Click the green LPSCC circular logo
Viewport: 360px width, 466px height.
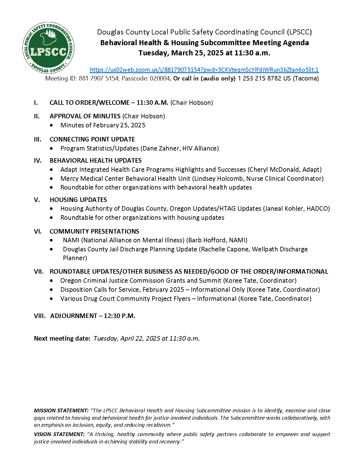[48, 48]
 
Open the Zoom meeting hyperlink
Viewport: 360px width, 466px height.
[204, 70]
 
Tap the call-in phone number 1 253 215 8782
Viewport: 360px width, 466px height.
[259, 79]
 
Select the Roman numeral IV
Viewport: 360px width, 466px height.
[38, 161]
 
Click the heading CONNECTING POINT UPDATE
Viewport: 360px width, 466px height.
[92, 140]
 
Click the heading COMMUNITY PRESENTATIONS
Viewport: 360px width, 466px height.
[94, 232]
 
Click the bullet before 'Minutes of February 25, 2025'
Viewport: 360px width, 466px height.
[51, 125]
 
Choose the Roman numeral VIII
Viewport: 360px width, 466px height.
[40, 316]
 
